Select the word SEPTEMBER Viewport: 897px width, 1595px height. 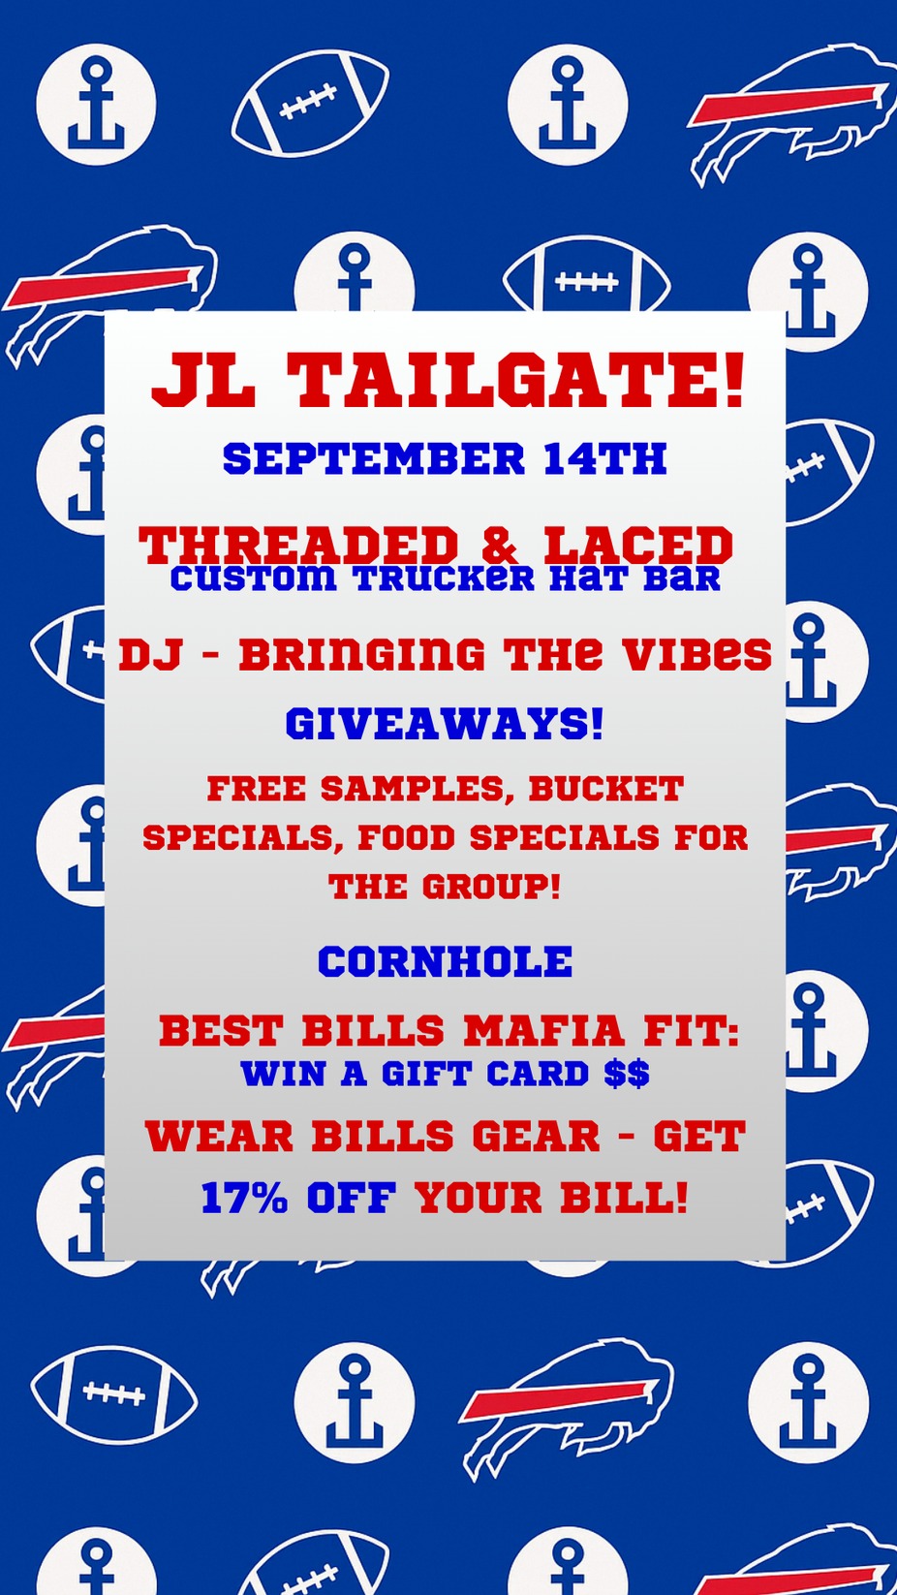374,458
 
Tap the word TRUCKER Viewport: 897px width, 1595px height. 445,579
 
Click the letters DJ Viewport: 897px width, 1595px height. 143,654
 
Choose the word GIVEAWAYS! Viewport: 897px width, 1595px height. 445,725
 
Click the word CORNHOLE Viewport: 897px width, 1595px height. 445,960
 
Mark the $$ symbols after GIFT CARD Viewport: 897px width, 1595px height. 627,1073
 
